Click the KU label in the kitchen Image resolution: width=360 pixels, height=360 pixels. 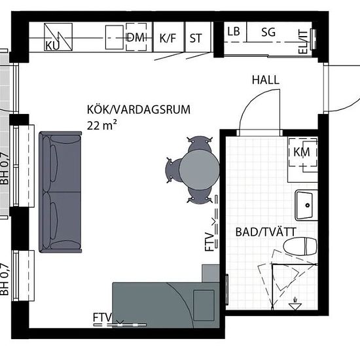(x=52, y=45)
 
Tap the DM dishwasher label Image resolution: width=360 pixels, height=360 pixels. (x=136, y=37)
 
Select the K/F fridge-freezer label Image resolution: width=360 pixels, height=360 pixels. (x=168, y=38)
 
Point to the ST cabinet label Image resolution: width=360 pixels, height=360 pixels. (x=196, y=39)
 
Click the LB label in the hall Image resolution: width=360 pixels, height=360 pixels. (x=234, y=31)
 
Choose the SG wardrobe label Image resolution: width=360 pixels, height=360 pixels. (x=268, y=32)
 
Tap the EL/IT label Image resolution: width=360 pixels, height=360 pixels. (x=303, y=42)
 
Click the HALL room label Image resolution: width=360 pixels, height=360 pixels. (x=266, y=80)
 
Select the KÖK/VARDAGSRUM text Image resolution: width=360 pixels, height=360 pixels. (x=139, y=109)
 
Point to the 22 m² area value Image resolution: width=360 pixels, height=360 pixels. (x=101, y=125)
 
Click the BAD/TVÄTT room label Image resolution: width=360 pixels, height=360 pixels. (x=266, y=232)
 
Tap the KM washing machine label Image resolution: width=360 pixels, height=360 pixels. (x=302, y=152)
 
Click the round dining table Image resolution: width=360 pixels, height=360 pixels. (x=199, y=170)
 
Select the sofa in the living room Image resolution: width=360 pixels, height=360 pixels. (x=60, y=192)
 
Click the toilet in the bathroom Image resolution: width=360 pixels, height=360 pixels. (x=300, y=246)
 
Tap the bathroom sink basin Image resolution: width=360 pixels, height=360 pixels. (x=306, y=205)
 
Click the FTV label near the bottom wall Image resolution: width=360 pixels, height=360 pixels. (x=102, y=317)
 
